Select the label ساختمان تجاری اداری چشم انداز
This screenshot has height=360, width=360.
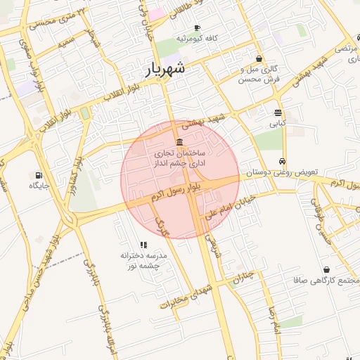tap(179, 157)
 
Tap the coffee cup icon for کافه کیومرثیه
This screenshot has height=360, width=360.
tap(187, 27)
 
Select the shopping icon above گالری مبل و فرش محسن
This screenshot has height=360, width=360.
tap(259, 59)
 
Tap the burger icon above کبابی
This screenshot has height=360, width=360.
tap(278, 112)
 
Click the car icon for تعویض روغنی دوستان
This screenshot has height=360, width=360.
tap(282, 161)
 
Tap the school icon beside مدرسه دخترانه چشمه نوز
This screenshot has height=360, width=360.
tap(143, 245)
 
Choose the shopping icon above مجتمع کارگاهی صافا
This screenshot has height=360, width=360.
tap(326, 269)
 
